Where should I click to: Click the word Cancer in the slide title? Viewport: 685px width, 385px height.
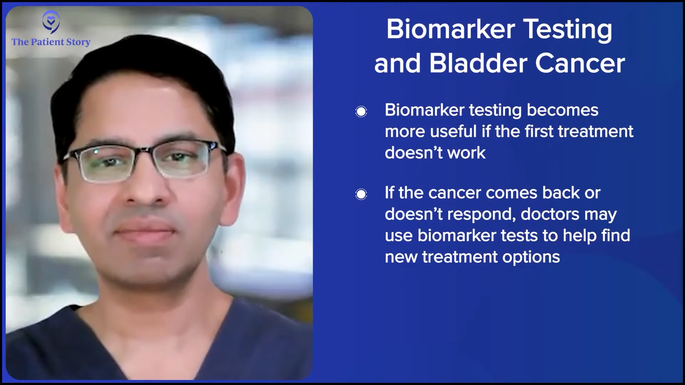pyautogui.click(x=580, y=63)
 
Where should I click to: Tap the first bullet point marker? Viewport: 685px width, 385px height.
pyautogui.click(x=361, y=112)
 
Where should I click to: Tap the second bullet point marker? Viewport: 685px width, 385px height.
pyautogui.click(x=361, y=194)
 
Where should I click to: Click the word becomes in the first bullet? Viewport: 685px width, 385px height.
pyautogui.click(x=563, y=110)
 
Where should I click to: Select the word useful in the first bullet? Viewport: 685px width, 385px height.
pyautogui.click(x=453, y=131)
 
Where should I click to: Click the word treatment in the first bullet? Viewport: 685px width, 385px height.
pyautogui.click(x=596, y=132)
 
